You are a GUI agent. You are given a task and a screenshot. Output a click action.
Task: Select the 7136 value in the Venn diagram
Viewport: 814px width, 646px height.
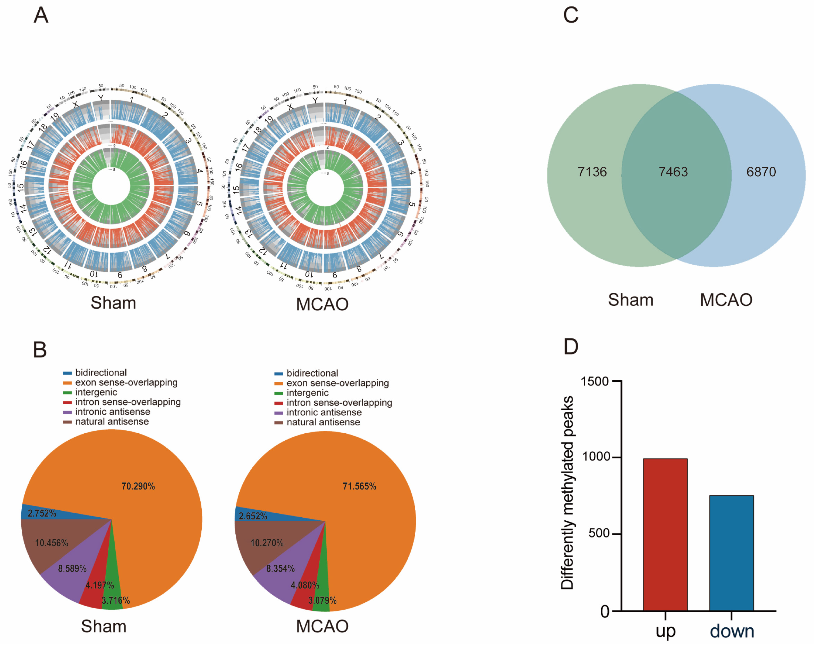(592, 172)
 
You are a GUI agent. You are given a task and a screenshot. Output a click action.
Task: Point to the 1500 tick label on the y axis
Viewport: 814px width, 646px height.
(595, 381)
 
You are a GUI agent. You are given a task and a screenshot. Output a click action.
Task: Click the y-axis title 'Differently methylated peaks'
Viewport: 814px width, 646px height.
(567, 493)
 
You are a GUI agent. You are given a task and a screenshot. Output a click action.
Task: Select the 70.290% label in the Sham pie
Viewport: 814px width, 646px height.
(138, 486)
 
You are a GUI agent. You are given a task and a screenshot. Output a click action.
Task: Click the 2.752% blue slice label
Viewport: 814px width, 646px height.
(42, 513)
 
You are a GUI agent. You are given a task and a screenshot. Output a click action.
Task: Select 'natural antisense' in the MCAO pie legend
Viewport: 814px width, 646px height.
(323, 422)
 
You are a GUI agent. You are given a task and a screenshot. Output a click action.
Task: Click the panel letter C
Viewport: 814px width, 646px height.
(570, 15)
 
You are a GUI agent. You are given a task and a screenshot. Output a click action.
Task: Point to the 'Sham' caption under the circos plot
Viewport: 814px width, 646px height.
(113, 303)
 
